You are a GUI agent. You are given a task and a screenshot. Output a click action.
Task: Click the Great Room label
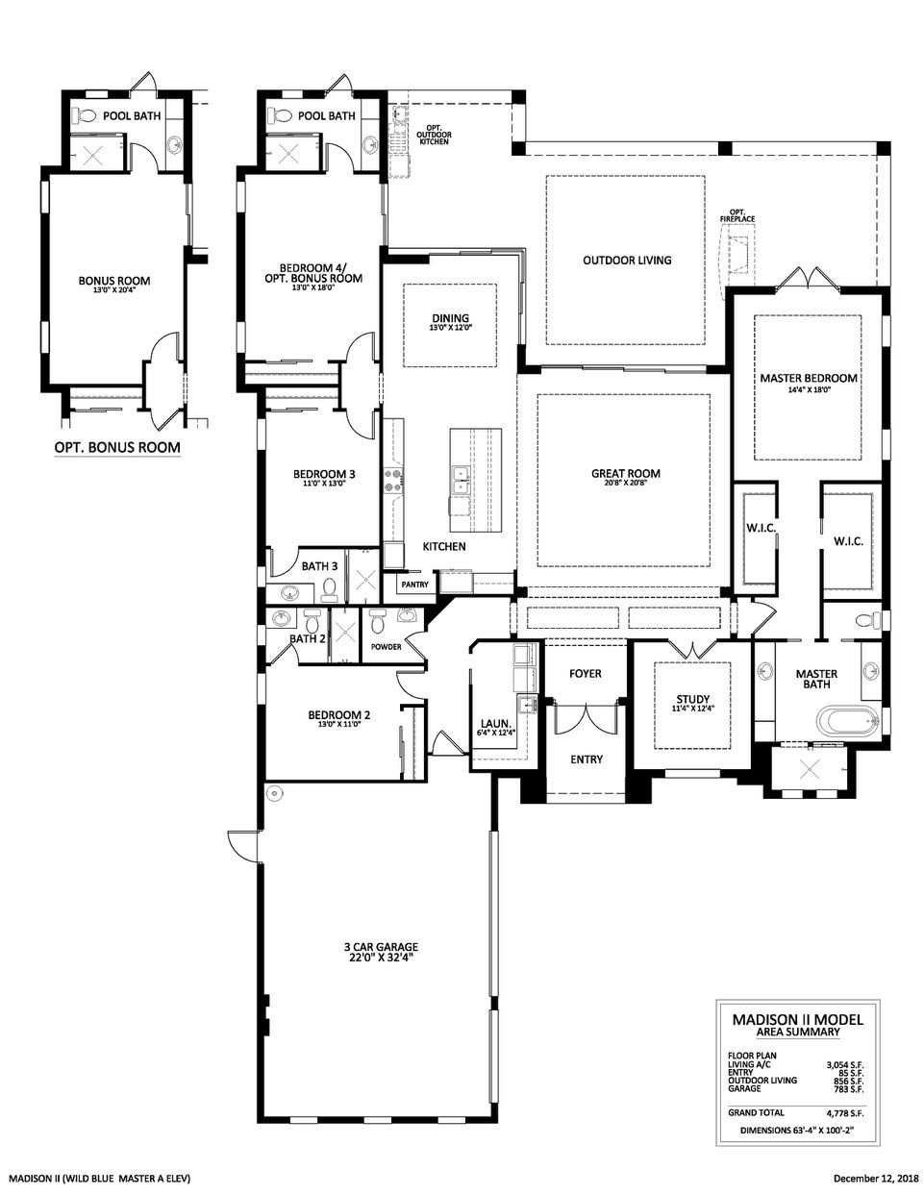tap(625, 473)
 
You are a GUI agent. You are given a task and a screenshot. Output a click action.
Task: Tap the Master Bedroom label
tap(808, 379)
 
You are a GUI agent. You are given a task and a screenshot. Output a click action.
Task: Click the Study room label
tap(692, 700)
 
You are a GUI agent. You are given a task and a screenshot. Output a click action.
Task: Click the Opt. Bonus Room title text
tap(117, 447)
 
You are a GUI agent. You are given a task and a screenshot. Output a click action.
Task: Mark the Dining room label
tap(450, 319)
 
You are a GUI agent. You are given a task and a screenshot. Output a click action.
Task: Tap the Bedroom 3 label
tap(324, 474)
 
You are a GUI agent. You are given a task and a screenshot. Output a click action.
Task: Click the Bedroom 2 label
tap(339, 715)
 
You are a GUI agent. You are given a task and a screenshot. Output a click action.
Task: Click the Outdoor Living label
tap(627, 260)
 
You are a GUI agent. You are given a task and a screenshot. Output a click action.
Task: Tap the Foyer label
tap(585, 673)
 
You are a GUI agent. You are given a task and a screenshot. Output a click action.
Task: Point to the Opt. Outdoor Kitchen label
tap(434, 135)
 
